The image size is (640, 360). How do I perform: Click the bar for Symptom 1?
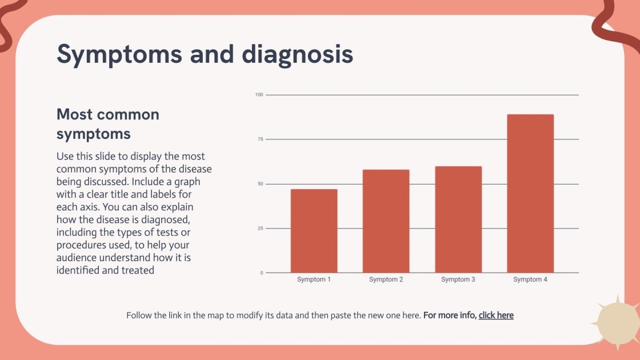coord(314,231)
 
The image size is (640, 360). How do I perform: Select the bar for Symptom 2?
coord(386,221)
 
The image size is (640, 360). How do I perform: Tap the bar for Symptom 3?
coord(458,219)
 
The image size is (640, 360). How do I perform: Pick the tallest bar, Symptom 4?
coord(530,194)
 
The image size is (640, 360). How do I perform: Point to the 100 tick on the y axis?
coord(259,95)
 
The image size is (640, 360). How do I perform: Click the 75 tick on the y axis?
coord(259,139)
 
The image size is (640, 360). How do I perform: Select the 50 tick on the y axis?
coord(259,184)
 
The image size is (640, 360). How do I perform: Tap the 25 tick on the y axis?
coord(259,229)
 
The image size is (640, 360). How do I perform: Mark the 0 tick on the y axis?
coord(261,273)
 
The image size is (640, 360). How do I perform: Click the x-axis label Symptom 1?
coord(314,280)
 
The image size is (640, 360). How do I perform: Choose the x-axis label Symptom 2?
coord(386,280)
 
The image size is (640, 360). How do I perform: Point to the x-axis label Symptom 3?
coord(458,280)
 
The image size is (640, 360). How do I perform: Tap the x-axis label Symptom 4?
coord(530,280)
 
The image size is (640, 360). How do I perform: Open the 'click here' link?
coord(496,315)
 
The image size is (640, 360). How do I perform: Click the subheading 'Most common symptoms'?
coord(107,124)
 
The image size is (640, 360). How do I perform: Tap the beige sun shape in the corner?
coord(617,322)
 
